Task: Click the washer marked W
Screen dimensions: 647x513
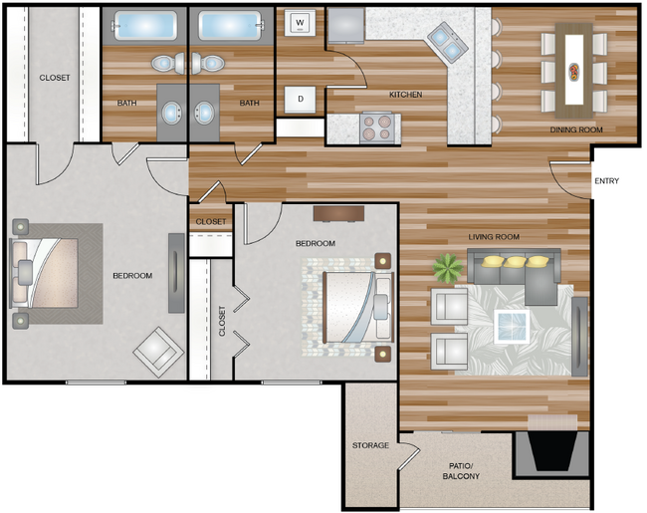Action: click(x=300, y=23)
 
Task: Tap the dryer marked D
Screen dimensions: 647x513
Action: click(x=301, y=100)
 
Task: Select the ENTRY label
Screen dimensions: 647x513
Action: click(x=606, y=181)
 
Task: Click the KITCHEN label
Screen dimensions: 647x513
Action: click(x=405, y=95)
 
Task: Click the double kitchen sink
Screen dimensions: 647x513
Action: click(x=447, y=42)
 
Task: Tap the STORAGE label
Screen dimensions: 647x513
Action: click(x=370, y=445)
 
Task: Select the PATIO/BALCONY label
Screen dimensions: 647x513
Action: click(x=461, y=471)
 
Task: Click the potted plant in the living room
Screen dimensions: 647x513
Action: click(x=448, y=269)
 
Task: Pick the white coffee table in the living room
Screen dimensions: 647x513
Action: click(x=512, y=327)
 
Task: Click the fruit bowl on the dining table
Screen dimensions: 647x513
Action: click(x=574, y=71)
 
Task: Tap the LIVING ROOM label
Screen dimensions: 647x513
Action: click(x=494, y=237)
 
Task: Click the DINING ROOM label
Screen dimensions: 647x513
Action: click(x=576, y=129)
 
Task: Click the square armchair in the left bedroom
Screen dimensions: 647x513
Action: click(x=158, y=352)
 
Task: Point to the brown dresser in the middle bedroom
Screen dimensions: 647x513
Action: click(x=338, y=213)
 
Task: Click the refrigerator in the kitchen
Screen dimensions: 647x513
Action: click(x=345, y=25)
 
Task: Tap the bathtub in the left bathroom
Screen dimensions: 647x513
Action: click(x=145, y=26)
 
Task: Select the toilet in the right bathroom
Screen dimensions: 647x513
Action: click(x=208, y=64)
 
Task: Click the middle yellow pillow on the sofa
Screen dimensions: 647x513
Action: click(x=516, y=261)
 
